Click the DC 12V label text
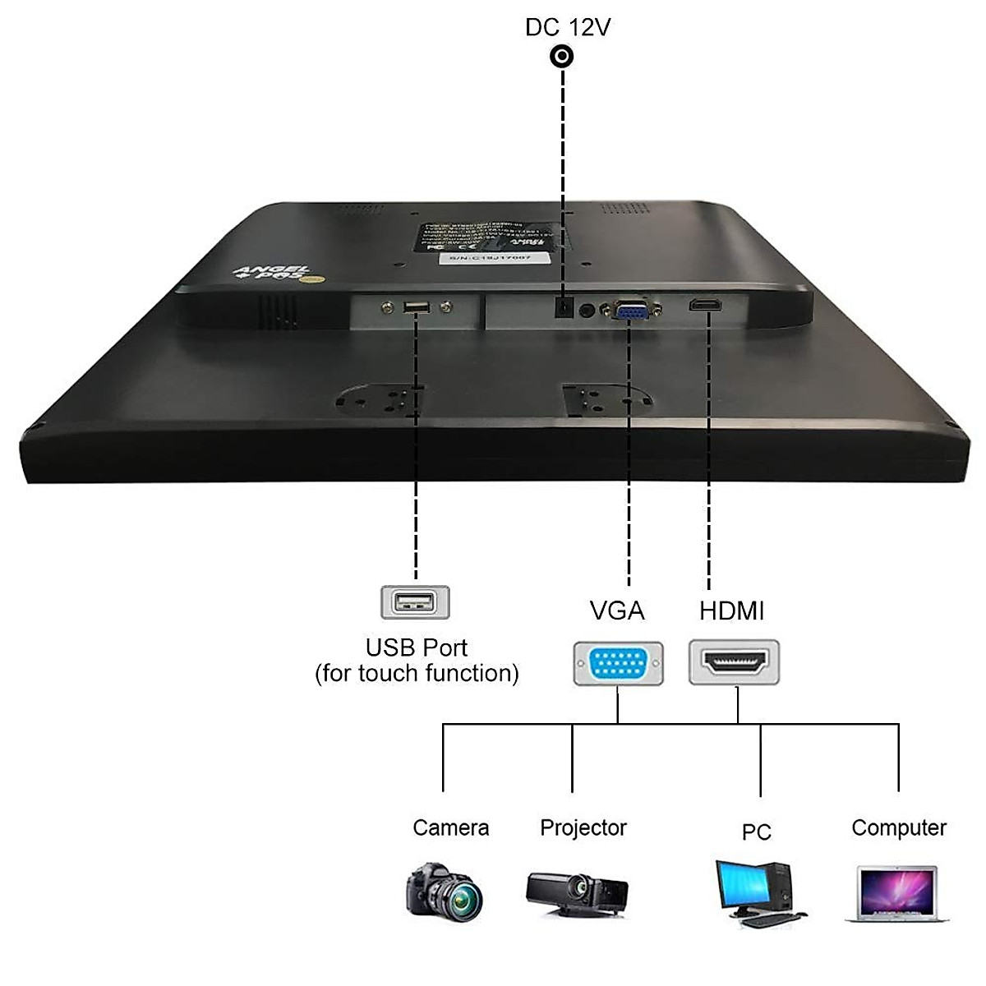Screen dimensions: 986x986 (x=568, y=27)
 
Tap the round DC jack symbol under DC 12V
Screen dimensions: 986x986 (x=562, y=57)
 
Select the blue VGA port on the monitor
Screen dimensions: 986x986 (x=631, y=311)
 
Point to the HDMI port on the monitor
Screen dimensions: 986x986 (x=706, y=306)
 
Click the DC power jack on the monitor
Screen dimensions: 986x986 (x=564, y=308)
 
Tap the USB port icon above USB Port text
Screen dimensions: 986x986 (x=415, y=602)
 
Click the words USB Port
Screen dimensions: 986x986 (x=417, y=647)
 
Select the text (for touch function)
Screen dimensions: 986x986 (x=417, y=674)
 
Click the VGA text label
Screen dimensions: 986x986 (x=617, y=610)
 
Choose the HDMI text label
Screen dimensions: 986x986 (x=731, y=610)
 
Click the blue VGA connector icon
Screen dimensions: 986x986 (x=618, y=663)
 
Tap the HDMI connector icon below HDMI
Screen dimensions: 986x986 (x=734, y=663)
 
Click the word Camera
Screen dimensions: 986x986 (x=450, y=827)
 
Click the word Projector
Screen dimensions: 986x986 (x=583, y=827)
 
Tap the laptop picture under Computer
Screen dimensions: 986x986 (x=896, y=894)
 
